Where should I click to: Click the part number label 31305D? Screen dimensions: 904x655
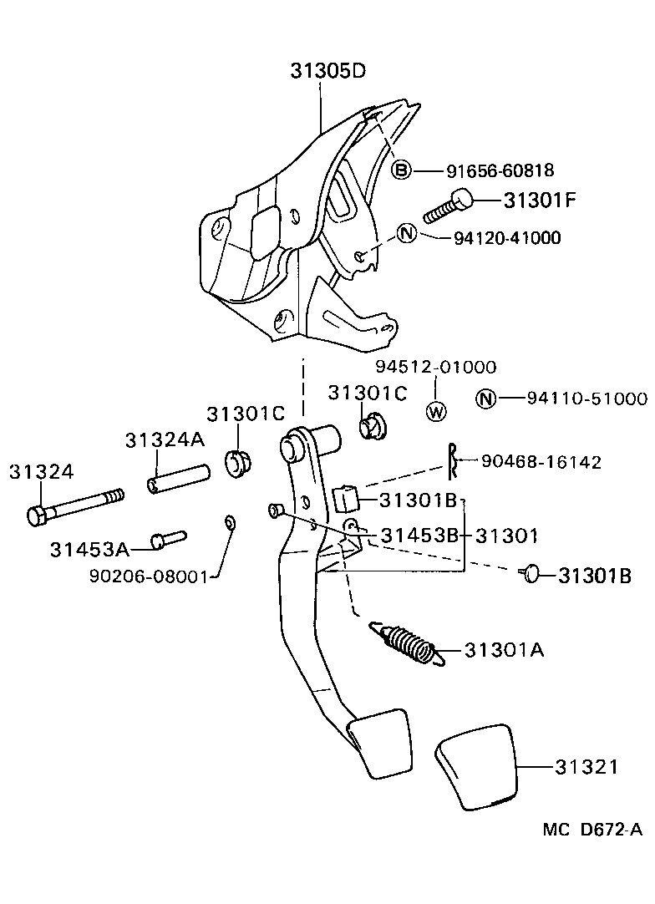328,71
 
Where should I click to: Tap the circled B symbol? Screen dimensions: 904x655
402,170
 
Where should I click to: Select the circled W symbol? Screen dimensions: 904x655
437,410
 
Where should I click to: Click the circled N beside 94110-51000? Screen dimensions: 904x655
485,399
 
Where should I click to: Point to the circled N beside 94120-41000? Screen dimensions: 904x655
406,233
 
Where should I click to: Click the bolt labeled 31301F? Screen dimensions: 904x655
448,206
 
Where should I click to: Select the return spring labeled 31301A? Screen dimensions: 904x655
406,644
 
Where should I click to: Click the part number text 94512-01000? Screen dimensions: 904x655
435,367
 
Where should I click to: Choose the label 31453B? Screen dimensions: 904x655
420,535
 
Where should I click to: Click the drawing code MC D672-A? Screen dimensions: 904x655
592,829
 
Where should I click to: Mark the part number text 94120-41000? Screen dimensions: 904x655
507,238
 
